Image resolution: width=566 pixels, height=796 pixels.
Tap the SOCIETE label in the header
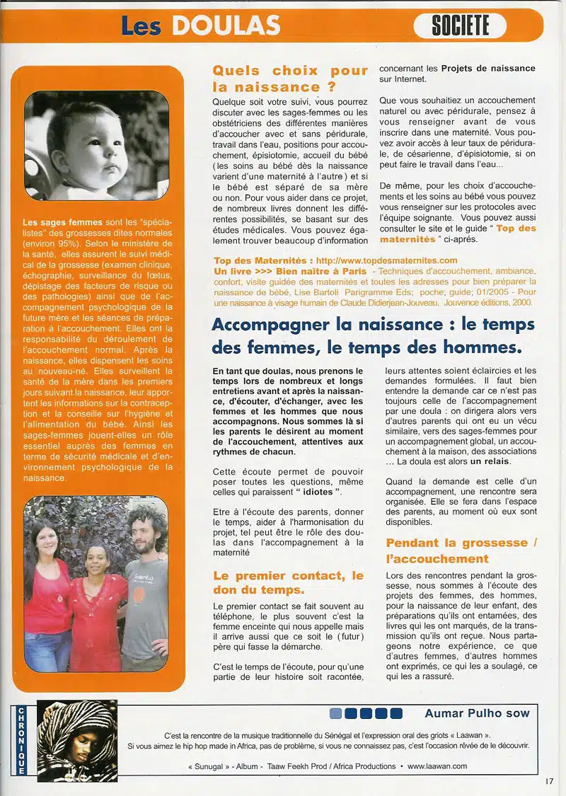(x=460, y=25)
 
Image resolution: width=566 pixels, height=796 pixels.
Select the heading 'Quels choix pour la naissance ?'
(x=290, y=79)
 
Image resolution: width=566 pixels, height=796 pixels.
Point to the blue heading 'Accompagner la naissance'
(x=373, y=336)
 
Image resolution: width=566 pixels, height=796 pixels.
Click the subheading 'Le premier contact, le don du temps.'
(x=288, y=582)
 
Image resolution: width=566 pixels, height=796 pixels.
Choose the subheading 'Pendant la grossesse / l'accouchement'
(x=461, y=550)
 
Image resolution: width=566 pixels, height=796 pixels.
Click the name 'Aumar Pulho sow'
(x=477, y=713)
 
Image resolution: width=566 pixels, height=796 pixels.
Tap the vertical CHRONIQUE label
(x=21, y=740)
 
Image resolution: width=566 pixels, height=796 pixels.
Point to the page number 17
(x=550, y=781)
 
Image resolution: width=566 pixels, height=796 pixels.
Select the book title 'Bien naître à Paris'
(x=322, y=271)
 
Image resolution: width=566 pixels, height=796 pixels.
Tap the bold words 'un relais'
(x=490, y=461)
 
